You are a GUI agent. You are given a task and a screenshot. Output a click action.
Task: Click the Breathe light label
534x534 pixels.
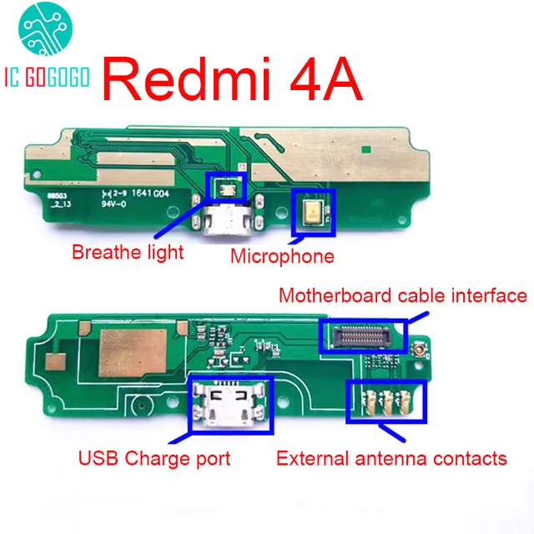[128, 251]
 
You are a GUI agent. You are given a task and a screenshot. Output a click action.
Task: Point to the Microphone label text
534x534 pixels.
[282, 256]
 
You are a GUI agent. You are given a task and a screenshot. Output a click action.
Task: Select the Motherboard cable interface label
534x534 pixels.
[402, 296]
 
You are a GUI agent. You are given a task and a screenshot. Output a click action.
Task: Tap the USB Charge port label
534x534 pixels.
[154, 457]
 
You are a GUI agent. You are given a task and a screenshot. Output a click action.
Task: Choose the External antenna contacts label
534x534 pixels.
[391, 457]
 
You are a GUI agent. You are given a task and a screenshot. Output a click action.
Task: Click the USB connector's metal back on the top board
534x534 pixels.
[225, 224]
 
